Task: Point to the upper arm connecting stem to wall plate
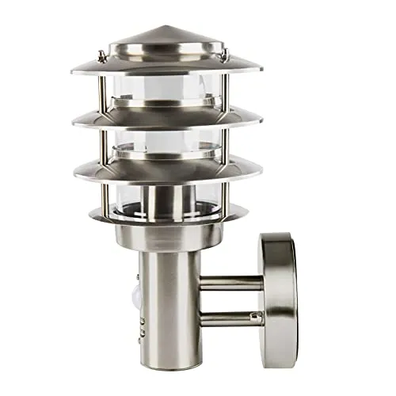234,282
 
